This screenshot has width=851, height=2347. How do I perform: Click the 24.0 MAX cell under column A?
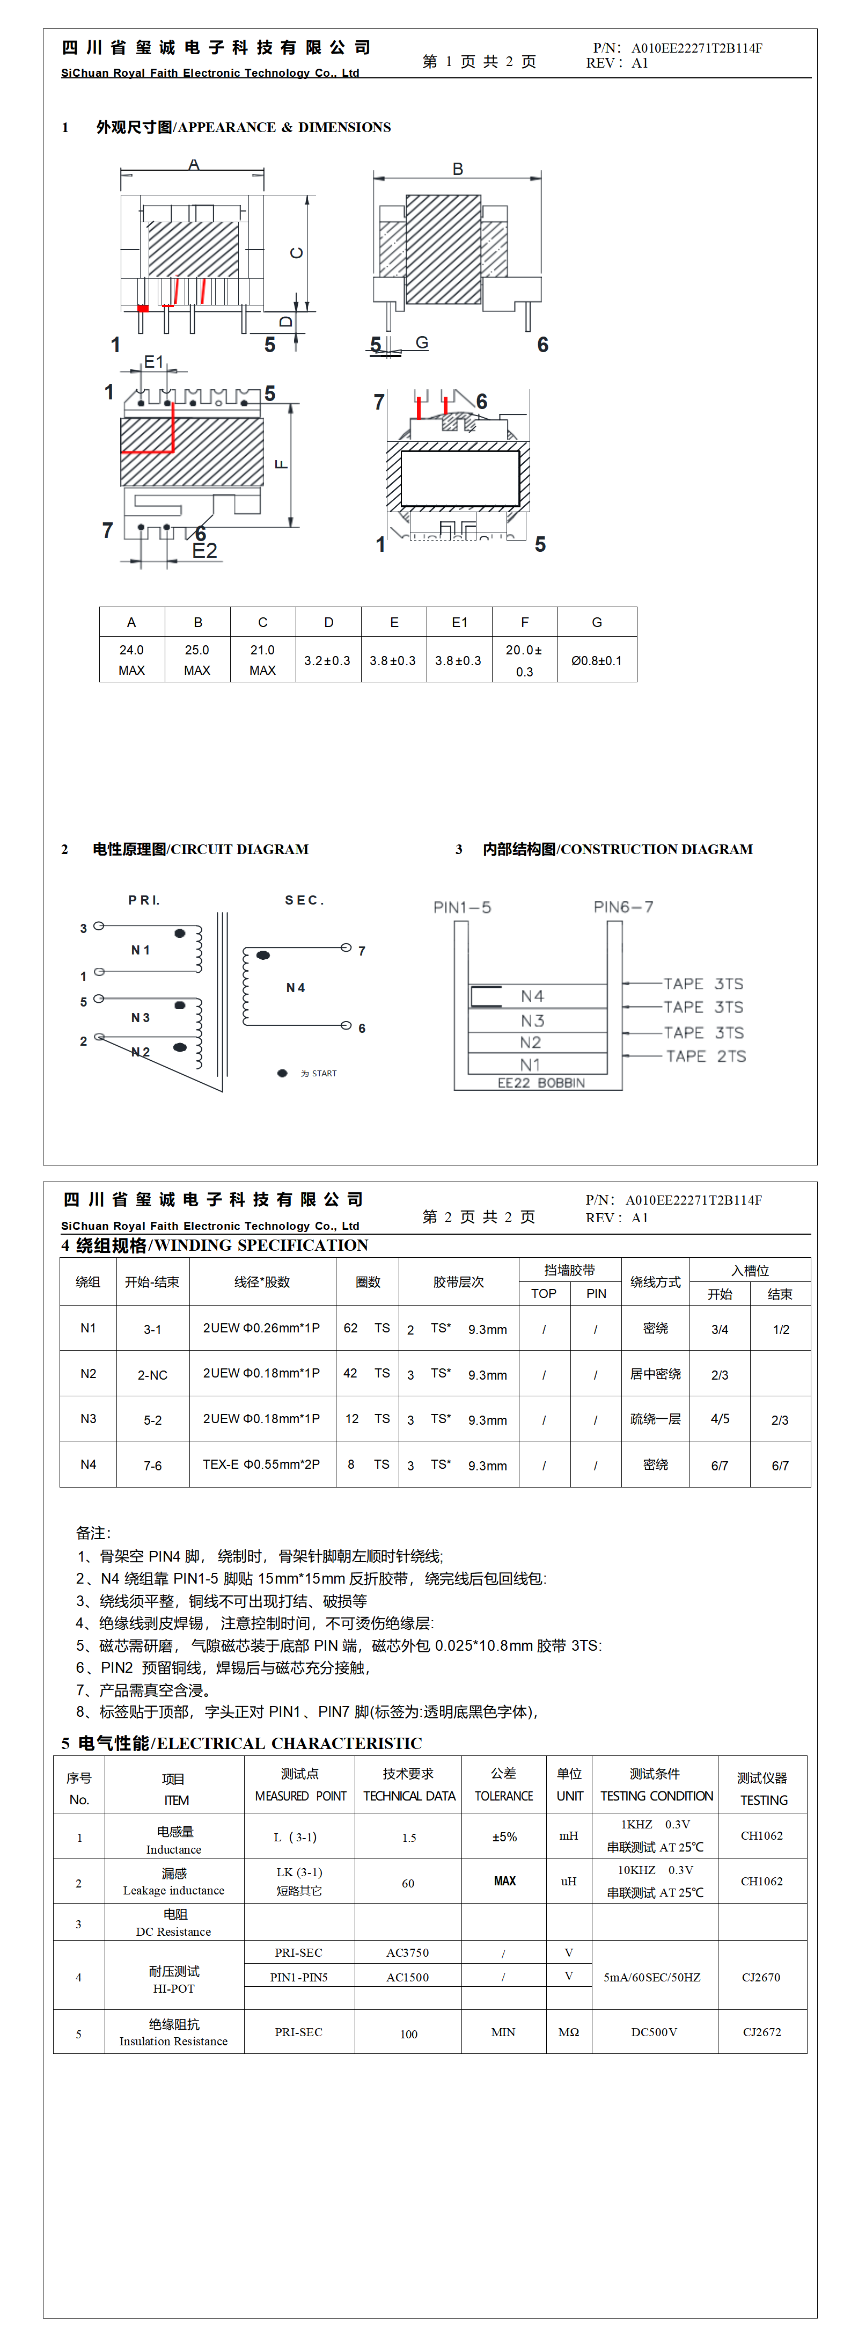(131, 660)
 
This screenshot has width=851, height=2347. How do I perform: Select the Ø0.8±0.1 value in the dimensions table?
(597, 660)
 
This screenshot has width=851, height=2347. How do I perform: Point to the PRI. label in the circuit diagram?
(144, 900)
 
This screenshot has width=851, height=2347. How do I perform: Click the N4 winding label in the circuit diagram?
(295, 988)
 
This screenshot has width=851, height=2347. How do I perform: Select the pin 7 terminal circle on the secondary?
(346, 947)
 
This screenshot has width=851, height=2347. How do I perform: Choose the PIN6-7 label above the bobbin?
(623, 907)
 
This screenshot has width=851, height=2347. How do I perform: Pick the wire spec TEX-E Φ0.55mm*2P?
(261, 1464)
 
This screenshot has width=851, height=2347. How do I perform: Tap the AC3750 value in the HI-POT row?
(407, 1952)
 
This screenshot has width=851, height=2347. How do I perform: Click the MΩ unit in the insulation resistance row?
(569, 2032)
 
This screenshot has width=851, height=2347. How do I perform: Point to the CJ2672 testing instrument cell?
(762, 2032)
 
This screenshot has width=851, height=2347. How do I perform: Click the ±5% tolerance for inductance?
(504, 1837)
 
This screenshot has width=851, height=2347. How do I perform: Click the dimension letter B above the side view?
(457, 170)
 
